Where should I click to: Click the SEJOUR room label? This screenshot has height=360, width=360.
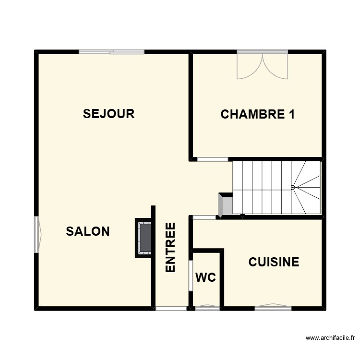(x=108, y=114)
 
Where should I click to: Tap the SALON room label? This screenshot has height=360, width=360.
(x=88, y=231)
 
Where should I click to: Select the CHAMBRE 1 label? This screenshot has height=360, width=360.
(x=257, y=114)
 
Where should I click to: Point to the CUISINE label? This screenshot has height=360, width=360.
(x=274, y=262)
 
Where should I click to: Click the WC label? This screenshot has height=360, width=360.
(x=205, y=277)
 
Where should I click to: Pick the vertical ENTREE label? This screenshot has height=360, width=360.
(x=170, y=248)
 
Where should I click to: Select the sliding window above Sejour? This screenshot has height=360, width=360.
(x=112, y=52)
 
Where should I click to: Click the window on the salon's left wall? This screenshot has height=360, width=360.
(x=37, y=234)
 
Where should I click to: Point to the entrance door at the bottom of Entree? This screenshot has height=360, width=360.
(x=171, y=309)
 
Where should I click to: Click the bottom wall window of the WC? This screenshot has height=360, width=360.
(x=207, y=308)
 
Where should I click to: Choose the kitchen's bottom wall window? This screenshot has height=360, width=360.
(x=273, y=308)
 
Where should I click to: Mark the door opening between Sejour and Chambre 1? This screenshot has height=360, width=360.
(x=213, y=159)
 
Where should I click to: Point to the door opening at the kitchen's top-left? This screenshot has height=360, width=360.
(x=204, y=217)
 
